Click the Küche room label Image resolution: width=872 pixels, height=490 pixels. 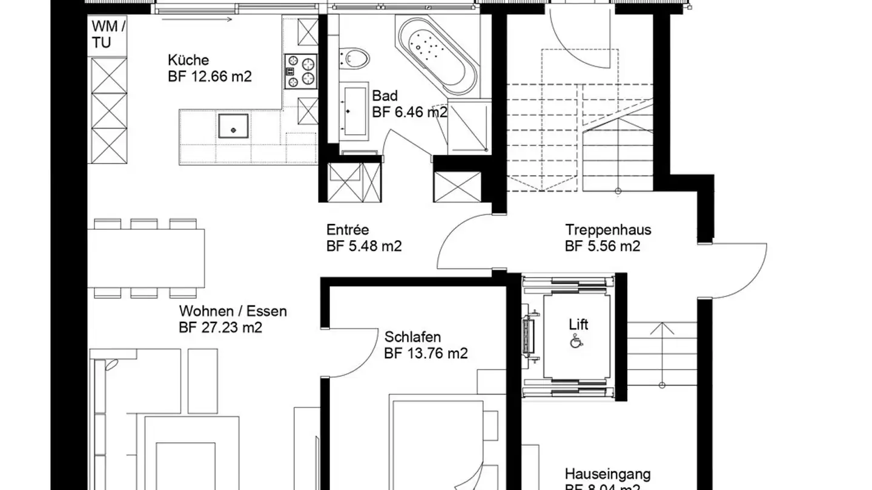(188, 60)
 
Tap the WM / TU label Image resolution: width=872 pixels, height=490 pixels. (109, 34)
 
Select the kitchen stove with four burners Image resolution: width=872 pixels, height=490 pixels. (301, 71)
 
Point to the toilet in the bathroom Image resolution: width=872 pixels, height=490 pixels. (355, 59)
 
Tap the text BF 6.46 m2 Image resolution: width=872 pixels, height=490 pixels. (410, 112)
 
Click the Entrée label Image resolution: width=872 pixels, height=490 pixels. (348, 230)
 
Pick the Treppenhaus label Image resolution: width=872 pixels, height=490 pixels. (608, 230)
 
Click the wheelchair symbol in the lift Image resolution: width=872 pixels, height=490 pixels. (574, 342)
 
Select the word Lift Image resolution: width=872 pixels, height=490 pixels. (578, 324)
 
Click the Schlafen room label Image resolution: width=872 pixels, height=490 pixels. (412, 337)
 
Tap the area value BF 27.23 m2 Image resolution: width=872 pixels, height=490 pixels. (220, 328)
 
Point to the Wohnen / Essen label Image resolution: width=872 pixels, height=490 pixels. (233, 312)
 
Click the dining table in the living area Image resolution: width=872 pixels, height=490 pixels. (146, 258)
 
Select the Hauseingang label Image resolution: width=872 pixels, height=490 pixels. (607, 473)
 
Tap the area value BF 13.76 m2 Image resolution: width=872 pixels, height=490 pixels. (426, 353)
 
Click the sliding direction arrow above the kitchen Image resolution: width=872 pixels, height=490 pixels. (197, 19)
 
